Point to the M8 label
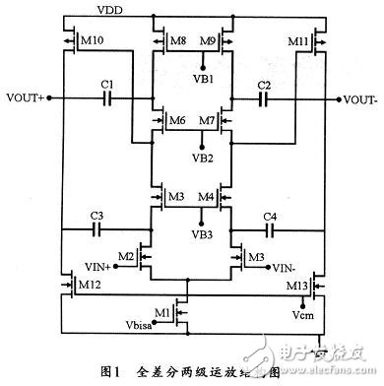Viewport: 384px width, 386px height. coord(177,42)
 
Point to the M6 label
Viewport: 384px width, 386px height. coord(176,121)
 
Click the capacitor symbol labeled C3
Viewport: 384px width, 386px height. coord(97,227)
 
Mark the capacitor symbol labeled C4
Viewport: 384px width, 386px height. coord(273,227)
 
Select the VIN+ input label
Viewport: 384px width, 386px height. coord(113,268)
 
